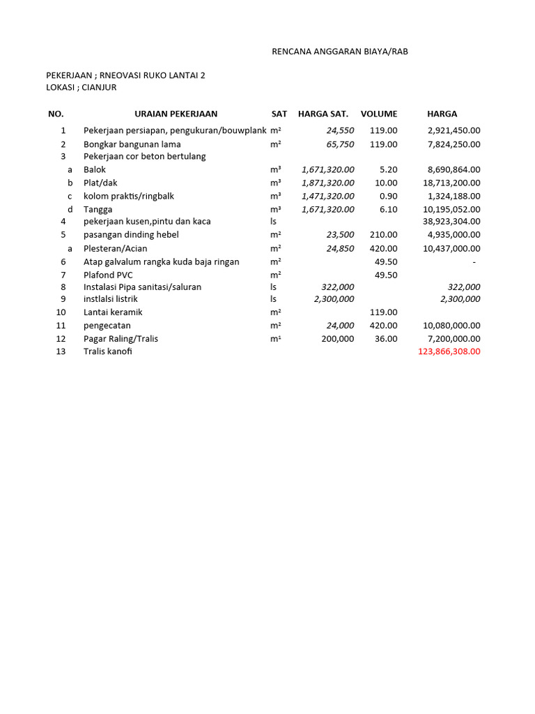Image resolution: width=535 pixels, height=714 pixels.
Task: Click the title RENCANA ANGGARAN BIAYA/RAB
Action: [339, 52]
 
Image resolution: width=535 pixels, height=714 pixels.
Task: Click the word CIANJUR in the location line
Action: [100, 87]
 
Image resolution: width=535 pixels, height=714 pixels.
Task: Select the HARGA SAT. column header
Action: [323, 114]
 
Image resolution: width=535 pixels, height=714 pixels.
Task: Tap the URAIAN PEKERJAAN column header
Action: [176, 114]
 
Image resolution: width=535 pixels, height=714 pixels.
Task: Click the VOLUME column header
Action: [379, 114]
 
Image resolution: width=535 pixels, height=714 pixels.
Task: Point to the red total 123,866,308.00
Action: [449, 351]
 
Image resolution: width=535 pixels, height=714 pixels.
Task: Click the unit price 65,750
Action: [340, 144]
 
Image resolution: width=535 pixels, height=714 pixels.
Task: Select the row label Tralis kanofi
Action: [107, 351]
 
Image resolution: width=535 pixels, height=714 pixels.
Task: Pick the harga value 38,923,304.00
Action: [451, 221]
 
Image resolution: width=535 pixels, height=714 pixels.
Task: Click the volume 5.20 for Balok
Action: [388, 169]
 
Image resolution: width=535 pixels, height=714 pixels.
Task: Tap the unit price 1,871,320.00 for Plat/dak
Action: [328, 183]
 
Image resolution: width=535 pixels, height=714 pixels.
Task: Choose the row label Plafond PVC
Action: [108, 275]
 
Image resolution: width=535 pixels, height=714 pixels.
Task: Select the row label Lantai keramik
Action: [113, 312]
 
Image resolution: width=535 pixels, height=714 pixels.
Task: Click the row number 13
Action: [61, 351]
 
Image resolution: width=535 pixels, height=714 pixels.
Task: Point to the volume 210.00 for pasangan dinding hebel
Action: [384, 235]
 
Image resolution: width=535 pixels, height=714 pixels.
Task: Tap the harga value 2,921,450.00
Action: [453, 130]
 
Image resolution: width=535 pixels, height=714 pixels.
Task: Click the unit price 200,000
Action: [337, 339]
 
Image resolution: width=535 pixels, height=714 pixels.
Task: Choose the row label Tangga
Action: [98, 209]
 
